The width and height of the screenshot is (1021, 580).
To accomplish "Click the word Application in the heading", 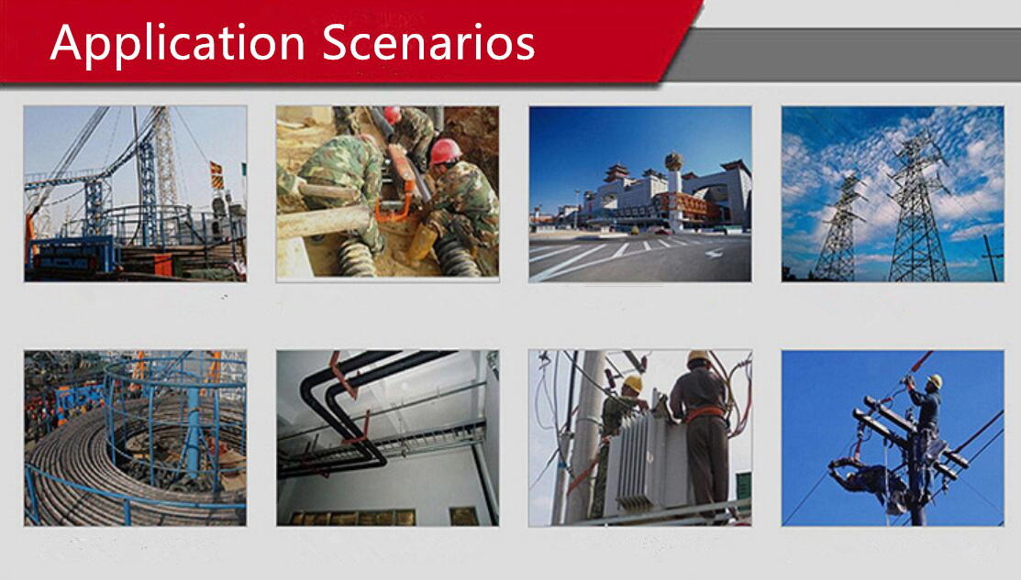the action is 178,44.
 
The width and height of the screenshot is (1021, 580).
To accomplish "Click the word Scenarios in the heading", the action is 428,42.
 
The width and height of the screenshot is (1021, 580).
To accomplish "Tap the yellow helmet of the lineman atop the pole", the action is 935,381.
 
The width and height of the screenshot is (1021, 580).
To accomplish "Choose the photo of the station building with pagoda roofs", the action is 640,193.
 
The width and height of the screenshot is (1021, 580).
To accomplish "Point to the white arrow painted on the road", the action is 714,253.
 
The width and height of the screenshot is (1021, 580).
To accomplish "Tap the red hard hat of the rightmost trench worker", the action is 446,151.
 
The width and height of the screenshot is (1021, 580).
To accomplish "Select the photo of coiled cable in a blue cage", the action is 136,438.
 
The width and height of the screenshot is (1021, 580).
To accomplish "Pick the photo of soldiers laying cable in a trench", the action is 387,193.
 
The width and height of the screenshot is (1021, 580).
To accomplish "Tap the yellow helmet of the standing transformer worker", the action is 698,357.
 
